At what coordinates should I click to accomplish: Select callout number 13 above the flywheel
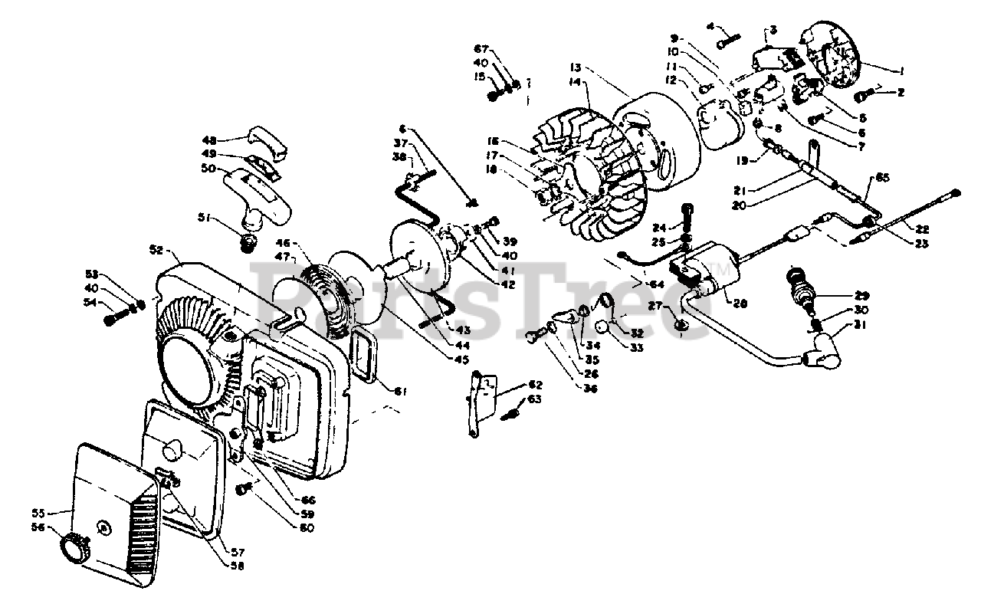(x=576, y=66)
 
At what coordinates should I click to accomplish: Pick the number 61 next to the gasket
(x=399, y=391)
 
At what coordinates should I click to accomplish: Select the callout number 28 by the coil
(x=741, y=304)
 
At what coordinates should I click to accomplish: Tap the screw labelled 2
(x=863, y=95)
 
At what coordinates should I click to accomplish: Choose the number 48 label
(x=209, y=140)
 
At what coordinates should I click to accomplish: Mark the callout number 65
(x=884, y=178)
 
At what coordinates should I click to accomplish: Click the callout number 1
(x=902, y=71)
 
